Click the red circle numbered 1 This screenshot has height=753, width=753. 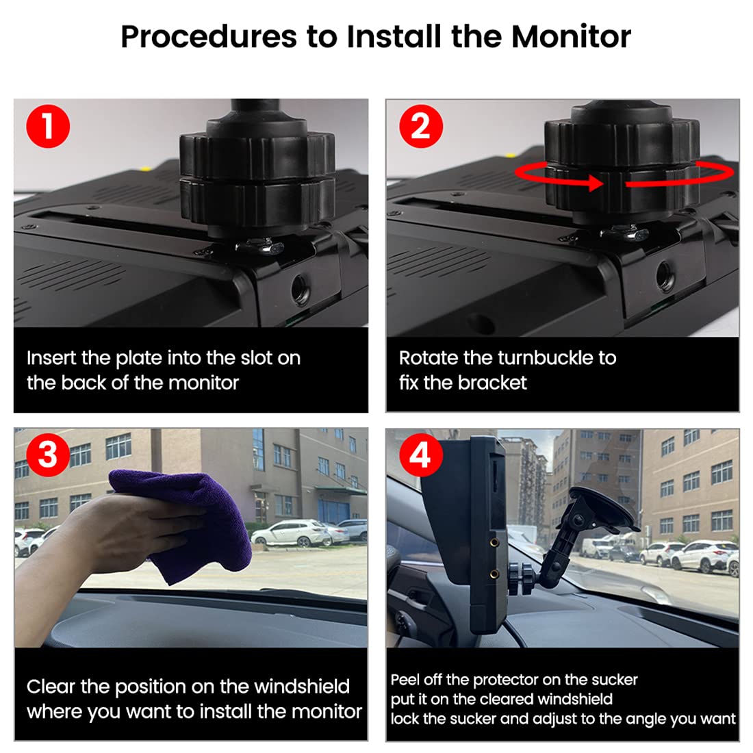pyautogui.click(x=48, y=127)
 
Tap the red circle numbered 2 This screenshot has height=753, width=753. pyautogui.click(x=421, y=127)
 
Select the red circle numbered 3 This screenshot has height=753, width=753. pyautogui.click(x=48, y=455)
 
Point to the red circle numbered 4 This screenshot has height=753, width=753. pyautogui.click(x=421, y=455)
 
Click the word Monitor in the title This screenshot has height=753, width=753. pyautogui.click(x=571, y=36)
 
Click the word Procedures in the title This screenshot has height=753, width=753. pyautogui.click(x=209, y=36)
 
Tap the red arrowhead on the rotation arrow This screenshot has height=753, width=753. pyautogui.click(x=596, y=183)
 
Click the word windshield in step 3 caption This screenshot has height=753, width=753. pyautogui.click(x=302, y=687)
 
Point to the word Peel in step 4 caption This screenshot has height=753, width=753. pyautogui.click(x=405, y=680)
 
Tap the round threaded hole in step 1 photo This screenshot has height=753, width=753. pyautogui.click(x=301, y=290)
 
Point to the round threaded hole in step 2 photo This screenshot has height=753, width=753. pyautogui.click(x=667, y=276)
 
